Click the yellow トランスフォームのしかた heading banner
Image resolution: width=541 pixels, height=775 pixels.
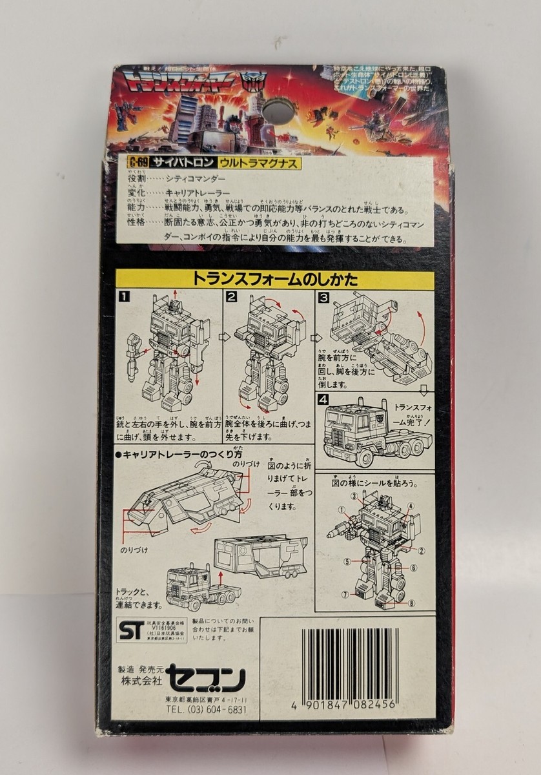coord(274,280)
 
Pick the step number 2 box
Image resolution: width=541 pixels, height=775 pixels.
coord(231,298)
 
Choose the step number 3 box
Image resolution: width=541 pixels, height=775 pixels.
coord(324,298)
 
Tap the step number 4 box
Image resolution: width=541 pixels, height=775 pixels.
coord(323,399)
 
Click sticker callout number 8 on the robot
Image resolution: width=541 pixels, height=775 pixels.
coord(411,604)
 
